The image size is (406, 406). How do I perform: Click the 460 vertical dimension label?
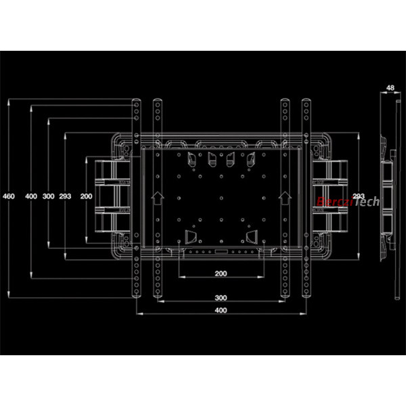tap(9, 196)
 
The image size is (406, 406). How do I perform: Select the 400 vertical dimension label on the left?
tap(31, 196)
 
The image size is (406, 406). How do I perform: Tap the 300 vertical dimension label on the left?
tap(49, 196)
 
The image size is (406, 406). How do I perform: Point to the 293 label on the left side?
tap(65, 196)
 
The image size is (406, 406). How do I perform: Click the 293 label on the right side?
tap(359, 196)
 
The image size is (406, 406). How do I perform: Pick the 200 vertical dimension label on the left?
tap(86, 196)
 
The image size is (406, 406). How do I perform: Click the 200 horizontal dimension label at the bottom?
tap(221, 273)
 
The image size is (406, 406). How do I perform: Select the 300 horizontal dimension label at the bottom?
tap(221, 298)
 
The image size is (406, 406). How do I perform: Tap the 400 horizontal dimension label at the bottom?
tap(221, 310)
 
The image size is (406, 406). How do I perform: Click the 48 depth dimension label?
tap(390, 88)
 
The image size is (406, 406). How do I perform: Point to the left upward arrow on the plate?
tap(158, 198)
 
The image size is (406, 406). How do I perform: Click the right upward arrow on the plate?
tap(285, 198)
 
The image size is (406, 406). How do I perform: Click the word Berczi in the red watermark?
tap(335, 202)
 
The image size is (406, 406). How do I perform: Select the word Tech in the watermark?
tap(367, 202)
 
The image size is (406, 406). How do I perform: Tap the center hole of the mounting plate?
tap(221, 198)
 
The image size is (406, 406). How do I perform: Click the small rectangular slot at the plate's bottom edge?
tap(221, 252)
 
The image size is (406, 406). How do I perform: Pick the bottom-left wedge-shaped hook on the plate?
tap(191, 237)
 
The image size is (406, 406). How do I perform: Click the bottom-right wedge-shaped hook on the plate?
tap(252, 237)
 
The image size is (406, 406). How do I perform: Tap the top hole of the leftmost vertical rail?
tap(136, 105)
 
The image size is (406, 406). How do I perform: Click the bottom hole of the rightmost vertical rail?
tap(307, 291)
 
